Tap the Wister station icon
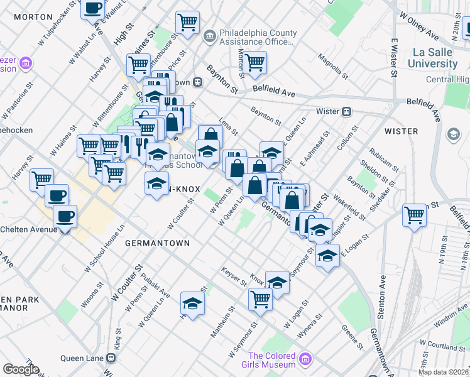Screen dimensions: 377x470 (x=346, y=111)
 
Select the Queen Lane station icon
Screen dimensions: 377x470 (x=111, y=358)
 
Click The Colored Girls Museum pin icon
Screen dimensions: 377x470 (x=305, y=359)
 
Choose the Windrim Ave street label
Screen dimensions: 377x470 (x=451, y=322)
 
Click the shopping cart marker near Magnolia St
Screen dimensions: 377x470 (x=255, y=62)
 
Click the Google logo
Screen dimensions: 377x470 (x=21, y=369)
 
